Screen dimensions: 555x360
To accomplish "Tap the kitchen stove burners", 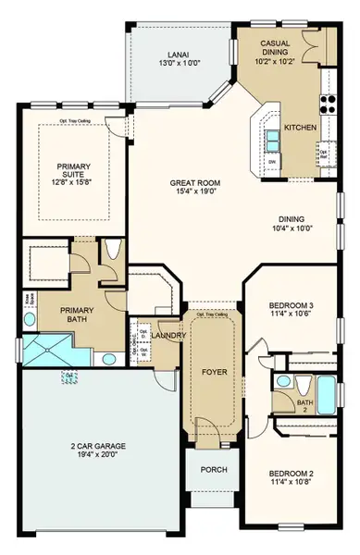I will point(328,103).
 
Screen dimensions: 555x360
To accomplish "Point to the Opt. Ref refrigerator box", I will point(325,159).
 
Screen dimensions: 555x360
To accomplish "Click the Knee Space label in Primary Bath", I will point(25,301).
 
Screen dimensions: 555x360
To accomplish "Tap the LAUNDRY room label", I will point(167,336).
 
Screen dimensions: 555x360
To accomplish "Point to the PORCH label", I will point(214,470).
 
